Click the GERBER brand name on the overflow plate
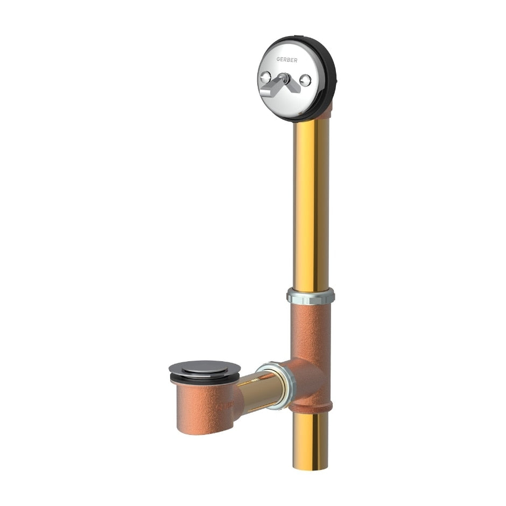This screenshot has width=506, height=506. point(287,60)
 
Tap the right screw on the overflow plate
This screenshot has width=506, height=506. point(305,81)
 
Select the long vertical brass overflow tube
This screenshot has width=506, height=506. point(311,205)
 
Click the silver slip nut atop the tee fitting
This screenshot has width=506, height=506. point(311,296)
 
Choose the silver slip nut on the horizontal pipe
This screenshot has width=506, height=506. point(277,384)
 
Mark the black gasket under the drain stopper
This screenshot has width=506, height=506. point(205,381)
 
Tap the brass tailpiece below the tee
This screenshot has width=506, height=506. point(311,436)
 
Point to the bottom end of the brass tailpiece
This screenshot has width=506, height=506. point(311,466)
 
